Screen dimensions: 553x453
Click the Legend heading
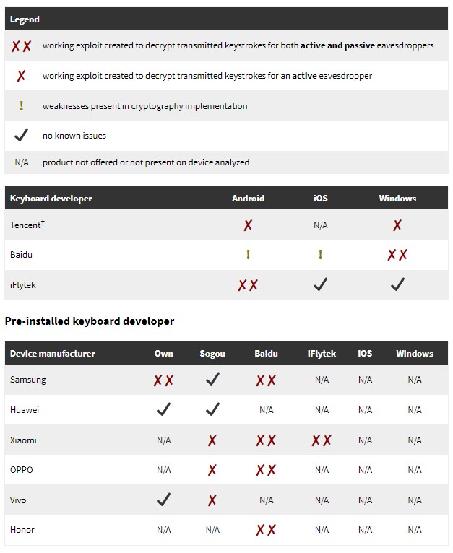click(x=25, y=19)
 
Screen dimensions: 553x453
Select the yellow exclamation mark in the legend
click(x=22, y=106)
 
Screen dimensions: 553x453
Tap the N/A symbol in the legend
click(x=22, y=162)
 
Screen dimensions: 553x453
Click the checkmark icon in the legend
click(x=22, y=134)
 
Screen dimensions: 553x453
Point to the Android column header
click(x=248, y=199)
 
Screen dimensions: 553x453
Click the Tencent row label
click(x=27, y=225)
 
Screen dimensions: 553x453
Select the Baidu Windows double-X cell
click(x=397, y=255)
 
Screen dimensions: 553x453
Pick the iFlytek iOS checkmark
click(x=320, y=285)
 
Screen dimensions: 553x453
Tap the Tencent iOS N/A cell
click(x=320, y=225)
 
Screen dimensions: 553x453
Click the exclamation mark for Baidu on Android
click(x=248, y=255)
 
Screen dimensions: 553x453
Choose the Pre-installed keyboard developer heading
click(x=90, y=321)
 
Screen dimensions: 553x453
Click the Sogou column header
click(x=212, y=354)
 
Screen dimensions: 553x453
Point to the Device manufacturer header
click(x=53, y=354)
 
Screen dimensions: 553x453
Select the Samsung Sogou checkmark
click(x=212, y=380)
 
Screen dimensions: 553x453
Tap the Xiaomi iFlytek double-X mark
click(x=322, y=440)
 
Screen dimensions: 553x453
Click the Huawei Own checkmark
click(x=164, y=410)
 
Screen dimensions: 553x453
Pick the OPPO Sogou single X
click(x=212, y=471)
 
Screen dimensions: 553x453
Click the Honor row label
click(x=22, y=530)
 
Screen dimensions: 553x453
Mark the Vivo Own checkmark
click(x=164, y=500)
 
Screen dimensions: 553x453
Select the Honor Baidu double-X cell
click(x=266, y=531)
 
